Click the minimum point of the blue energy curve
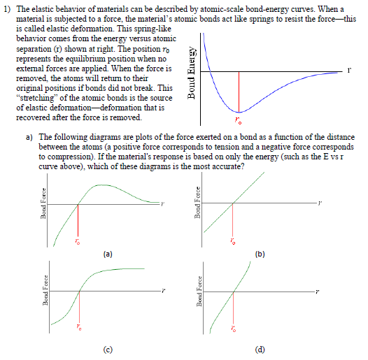(x=239, y=112)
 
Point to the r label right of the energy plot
(x=348, y=71)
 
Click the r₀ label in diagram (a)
(x=78, y=241)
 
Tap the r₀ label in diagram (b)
(x=233, y=242)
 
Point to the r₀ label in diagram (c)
(x=80, y=328)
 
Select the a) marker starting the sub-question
(x=29, y=138)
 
